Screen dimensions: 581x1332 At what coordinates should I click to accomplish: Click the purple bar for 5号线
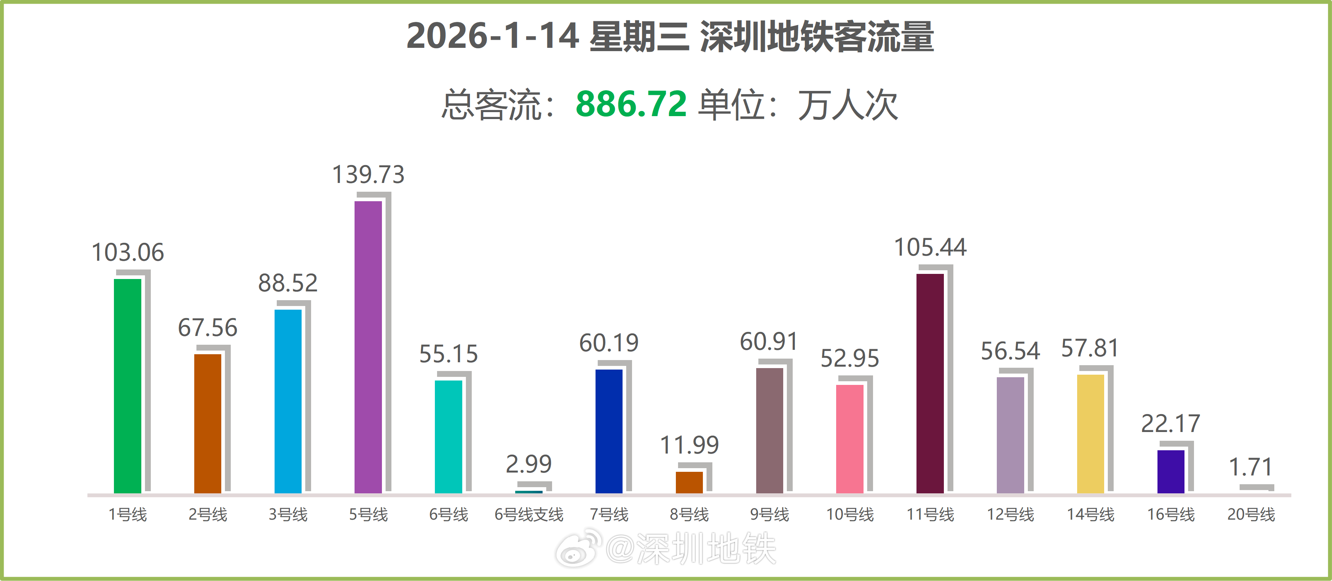pos(368,347)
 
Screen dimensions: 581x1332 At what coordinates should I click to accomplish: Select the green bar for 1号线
pos(127,385)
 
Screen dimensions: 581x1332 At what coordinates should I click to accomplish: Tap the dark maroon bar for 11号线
pos(930,383)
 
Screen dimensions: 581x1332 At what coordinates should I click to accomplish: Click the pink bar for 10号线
pos(850,439)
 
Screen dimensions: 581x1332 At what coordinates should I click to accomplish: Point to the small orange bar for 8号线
pos(689,482)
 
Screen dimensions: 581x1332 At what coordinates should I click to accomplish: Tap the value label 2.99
pos(528,464)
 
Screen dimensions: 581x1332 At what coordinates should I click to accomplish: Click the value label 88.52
pos(288,283)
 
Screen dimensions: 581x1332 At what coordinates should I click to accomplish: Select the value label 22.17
pos(1170,424)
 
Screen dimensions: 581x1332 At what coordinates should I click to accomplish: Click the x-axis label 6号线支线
pos(528,514)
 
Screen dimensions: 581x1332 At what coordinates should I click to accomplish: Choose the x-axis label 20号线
pos(1251,514)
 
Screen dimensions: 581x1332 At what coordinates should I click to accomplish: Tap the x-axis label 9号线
pos(769,514)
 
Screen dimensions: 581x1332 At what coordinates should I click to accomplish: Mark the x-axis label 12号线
pos(1010,514)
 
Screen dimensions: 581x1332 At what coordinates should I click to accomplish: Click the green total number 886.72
pos(631,104)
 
